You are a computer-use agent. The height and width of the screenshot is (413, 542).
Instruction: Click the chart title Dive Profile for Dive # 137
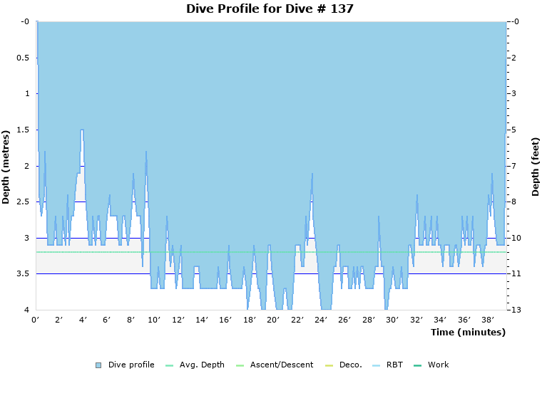(x=270, y=9)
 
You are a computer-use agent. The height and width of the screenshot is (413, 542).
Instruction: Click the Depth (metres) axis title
(x=6, y=166)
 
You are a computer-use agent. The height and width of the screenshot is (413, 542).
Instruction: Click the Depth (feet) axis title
(x=535, y=167)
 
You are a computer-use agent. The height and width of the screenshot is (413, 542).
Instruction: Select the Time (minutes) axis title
(x=468, y=333)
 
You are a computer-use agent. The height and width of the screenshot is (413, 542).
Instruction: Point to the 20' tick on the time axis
(x=273, y=320)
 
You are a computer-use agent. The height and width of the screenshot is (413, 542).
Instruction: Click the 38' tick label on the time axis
(x=488, y=320)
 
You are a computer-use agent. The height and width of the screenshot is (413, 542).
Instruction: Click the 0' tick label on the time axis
(x=36, y=320)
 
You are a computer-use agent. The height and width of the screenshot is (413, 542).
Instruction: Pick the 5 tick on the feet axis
(x=514, y=130)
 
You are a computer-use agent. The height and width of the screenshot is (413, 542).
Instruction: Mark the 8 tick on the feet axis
(x=514, y=202)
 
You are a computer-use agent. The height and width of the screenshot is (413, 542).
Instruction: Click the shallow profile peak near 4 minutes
(x=83, y=130)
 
